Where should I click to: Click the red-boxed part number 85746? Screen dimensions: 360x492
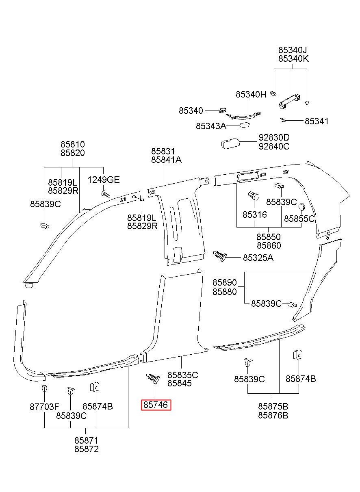[x=156, y=405]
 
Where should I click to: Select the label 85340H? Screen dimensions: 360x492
[x=251, y=94]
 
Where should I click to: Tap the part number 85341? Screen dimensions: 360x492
[x=317, y=121]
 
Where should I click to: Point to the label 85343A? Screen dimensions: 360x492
[x=211, y=126]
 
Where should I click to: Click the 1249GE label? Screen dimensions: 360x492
[x=104, y=180]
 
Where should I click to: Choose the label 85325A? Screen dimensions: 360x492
[x=258, y=258]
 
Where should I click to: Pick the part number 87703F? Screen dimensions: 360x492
[x=44, y=407]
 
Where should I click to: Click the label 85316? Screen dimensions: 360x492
[x=255, y=215]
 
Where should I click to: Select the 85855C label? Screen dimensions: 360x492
[x=299, y=219]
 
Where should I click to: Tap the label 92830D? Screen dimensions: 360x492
[x=274, y=137]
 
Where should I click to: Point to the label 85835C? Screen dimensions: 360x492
[x=183, y=375]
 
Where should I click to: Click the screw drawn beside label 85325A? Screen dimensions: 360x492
[x=220, y=256]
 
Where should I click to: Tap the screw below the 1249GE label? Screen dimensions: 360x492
[x=106, y=194]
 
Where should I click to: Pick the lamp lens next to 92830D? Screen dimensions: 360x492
[x=230, y=144]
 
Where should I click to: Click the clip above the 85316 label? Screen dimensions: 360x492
[x=254, y=195]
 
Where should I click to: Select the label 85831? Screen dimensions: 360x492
[x=163, y=151]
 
